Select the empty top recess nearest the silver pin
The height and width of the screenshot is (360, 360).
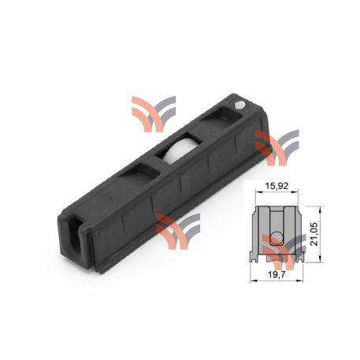pyautogui.click(x=217, y=120)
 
